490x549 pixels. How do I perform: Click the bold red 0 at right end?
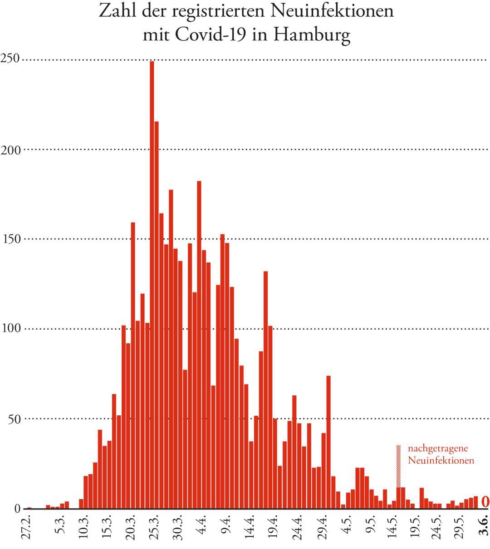(x=485, y=501)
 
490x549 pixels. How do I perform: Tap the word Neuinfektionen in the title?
(x=332, y=11)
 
